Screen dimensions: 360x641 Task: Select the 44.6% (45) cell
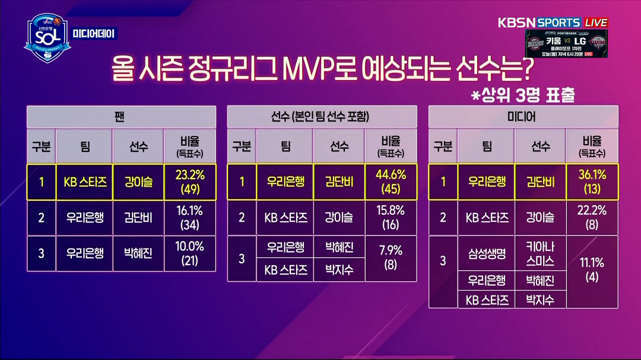(x=391, y=182)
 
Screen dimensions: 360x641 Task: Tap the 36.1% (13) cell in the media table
(x=592, y=182)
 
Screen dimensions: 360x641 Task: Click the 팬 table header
(x=121, y=117)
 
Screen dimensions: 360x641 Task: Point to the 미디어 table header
(x=522, y=117)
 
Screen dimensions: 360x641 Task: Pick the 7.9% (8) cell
(x=391, y=258)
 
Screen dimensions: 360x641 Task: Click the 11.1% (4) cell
(x=592, y=271)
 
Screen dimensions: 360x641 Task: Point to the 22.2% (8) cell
(x=592, y=218)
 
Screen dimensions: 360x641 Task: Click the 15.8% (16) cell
(x=391, y=218)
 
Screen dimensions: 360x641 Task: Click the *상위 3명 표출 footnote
(x=523, y=95)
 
